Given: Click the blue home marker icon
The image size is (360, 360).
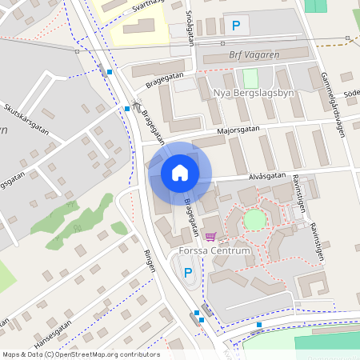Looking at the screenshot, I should coord(180,172).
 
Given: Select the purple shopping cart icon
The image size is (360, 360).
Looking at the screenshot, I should coord(210,236).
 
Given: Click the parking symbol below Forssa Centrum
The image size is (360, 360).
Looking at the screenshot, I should coord(189,273).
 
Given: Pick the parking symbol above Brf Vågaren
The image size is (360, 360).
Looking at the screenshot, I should coord(235,26).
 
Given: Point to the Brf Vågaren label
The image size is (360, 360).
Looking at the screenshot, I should coord(254,55).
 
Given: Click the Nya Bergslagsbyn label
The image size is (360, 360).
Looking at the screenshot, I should coord(254,93).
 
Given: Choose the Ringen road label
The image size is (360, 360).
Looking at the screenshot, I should coord(149,259).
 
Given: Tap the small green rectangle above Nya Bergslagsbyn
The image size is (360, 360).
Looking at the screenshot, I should coord(250,78).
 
